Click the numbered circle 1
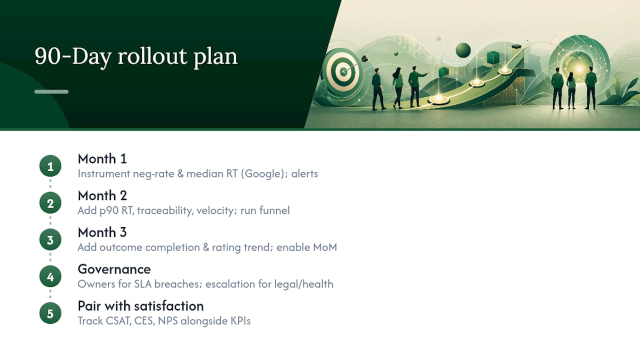pyautogui.click(x=50, y=166)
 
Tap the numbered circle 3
pyautogui.click(x=50, y=239)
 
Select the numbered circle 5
pyautogui.click(x=50, y=313)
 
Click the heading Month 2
pyautogui.click(x=102, y=195)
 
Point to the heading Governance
pyautogui.click(x=114, y=269)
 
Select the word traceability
pyautogui.click(x=165, y=211)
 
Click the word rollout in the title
pyautogui.click(x=152, y=56)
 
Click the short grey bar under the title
pyautogui.click(x=51, y=91)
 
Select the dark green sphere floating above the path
pyautogui.click(x=463, y=50)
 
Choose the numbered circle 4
pyautogui.click(x=50, y=276)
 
